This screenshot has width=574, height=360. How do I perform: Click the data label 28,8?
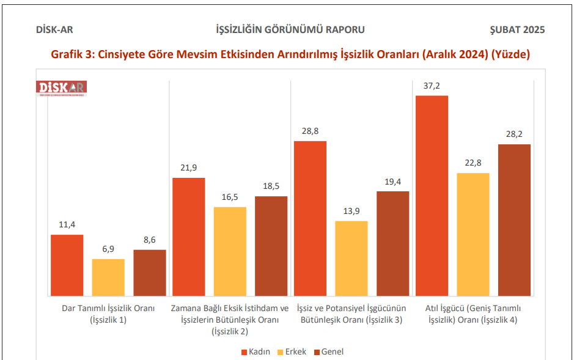point(310,131)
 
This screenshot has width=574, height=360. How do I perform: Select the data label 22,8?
point(473,163)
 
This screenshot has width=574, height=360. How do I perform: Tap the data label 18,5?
point(271,186)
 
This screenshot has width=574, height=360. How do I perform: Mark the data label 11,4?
point(67,224)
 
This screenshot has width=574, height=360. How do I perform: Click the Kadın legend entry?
point(256,351)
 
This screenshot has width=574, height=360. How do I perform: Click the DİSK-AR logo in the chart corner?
point(62,88)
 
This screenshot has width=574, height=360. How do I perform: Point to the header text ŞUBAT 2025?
point(517,30)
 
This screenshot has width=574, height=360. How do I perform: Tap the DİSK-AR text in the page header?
point(55,30)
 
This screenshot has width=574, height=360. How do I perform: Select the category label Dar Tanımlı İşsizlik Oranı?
point(108,314)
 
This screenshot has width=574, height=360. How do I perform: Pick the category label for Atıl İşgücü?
point(473,314)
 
